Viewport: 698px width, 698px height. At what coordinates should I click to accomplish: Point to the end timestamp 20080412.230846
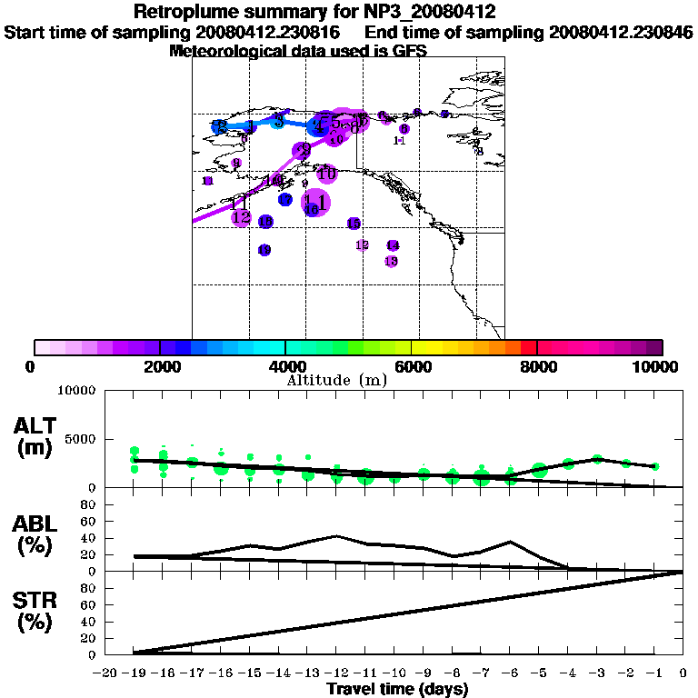click(x=622, y=33)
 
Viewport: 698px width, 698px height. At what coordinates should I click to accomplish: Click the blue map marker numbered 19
click(x=264, y=250)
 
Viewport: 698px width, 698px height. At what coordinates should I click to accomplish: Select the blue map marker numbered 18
click(x=265, y=222)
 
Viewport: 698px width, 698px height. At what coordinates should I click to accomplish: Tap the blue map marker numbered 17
click(x=285, y=200)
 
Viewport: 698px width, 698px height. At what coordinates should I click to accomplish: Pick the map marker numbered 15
click(x=354, y=224)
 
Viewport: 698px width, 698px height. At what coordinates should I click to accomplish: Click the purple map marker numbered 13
click(x=392, y=262)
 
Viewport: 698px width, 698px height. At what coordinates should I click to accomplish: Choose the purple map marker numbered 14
click(x=393, y=245)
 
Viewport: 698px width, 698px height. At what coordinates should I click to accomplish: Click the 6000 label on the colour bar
click(x=411, y=367)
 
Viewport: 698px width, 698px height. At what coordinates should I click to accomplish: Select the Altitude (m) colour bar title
click(x=337, y=380)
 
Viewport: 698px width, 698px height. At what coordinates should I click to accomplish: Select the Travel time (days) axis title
click(x=397, y=690)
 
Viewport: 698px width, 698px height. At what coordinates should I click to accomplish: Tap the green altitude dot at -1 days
click(x=654, y=466)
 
